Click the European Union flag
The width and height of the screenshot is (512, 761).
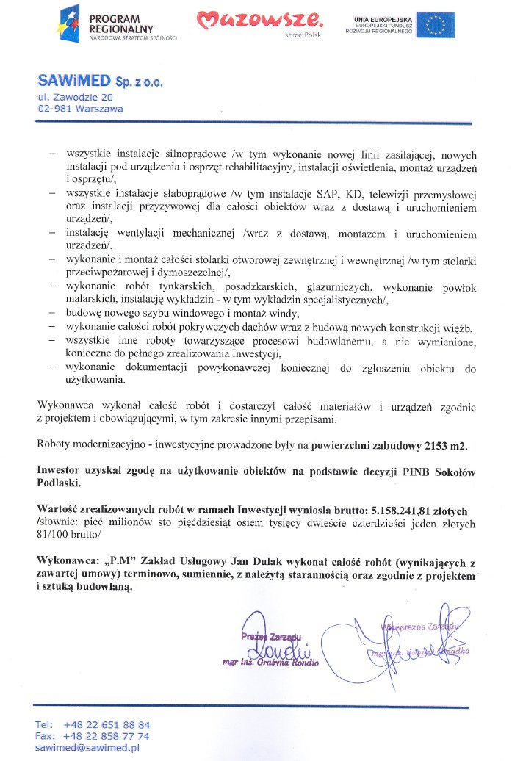pos(439,25)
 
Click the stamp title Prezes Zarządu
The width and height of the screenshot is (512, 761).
pos(270,637)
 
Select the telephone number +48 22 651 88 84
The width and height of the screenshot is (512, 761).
pos(107,724)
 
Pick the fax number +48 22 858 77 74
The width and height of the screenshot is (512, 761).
pos(107,735)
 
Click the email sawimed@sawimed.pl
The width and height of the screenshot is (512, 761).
pos(87,747)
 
